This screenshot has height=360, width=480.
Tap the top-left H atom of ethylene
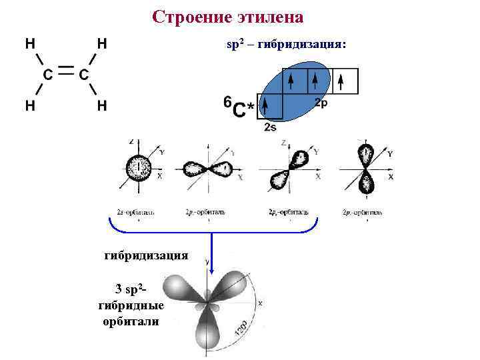30,44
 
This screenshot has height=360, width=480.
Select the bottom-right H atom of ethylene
102,105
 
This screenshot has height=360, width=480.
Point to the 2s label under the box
270,127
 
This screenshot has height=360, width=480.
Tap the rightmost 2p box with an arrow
345,81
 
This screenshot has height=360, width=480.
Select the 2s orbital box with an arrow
270,106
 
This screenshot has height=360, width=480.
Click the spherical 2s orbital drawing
139,166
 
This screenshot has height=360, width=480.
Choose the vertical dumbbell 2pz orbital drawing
366,168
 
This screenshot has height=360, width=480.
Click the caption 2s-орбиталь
136,213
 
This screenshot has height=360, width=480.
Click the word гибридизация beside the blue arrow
147,255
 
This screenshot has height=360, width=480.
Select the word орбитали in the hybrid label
131,321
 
